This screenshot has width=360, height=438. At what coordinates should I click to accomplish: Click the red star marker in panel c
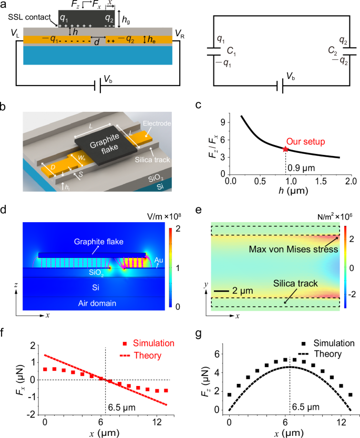285,149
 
